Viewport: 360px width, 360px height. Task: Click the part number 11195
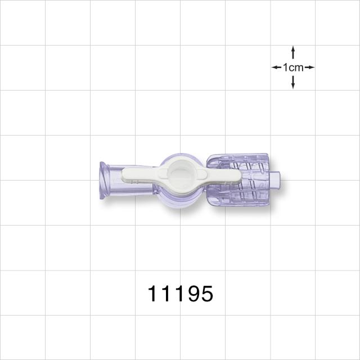[x=181, y=294]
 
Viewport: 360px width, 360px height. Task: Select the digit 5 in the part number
[x=206, y=294]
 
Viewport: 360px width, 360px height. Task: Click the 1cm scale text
[x=293, y=67]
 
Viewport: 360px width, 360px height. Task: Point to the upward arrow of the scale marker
[x=293, y=52]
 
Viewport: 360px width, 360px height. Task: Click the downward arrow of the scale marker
[x=293, y=82]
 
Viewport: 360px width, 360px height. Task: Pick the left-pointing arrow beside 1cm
[x=276, y=67]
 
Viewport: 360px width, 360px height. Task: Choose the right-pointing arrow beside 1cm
[x=309, y=67]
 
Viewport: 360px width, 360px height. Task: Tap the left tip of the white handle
[x=123, y=175]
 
